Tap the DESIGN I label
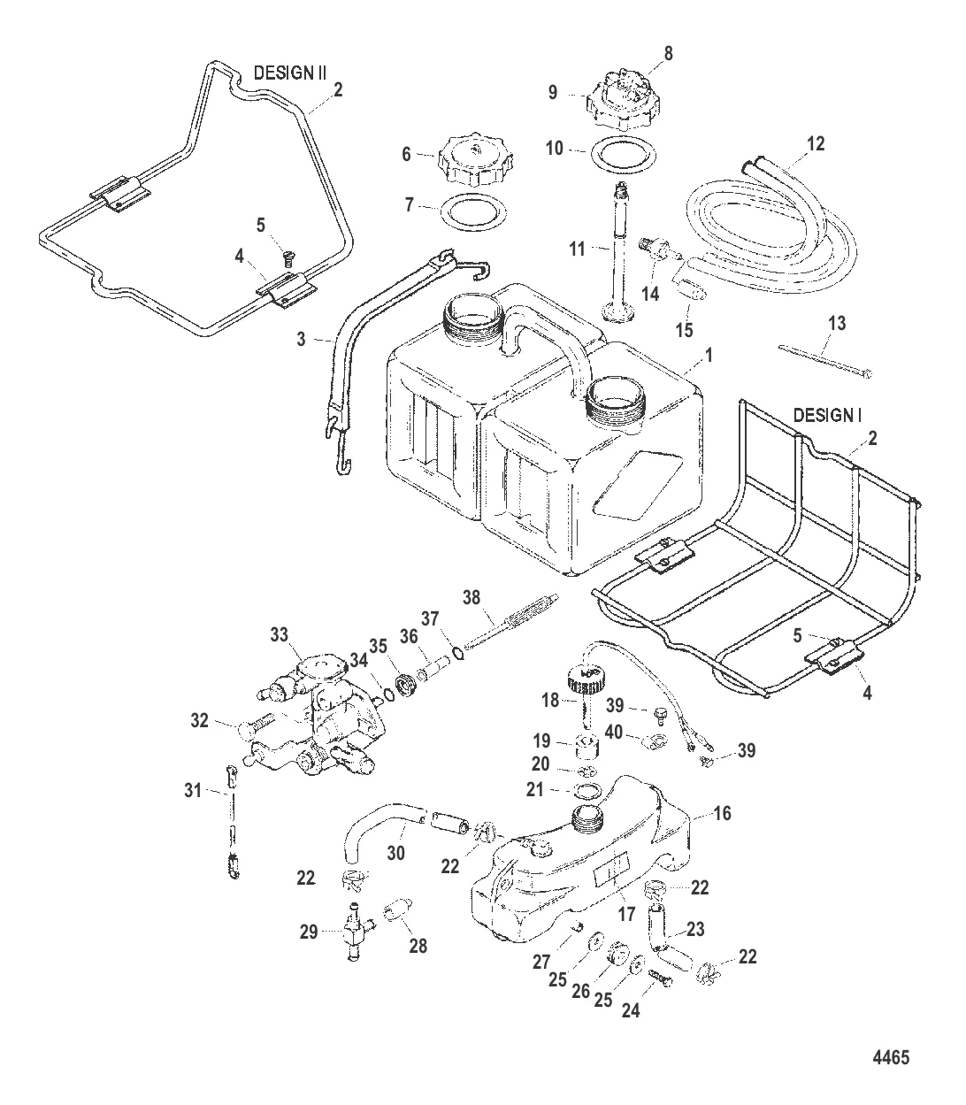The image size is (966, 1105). pyautogui.click(x=828, y=414)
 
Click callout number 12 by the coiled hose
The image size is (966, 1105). pyautogui.click(x=816, y=143)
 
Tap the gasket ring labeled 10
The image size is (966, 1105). pyautogui.click(x=620, y=151)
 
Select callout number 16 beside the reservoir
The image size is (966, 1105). pyautogui.click(x=722, y=813)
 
